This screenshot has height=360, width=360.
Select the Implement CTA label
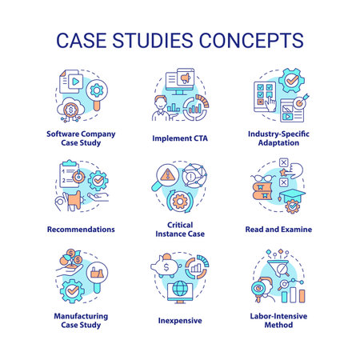(x=179, y=137)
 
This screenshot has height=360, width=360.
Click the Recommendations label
(x=81, y=229)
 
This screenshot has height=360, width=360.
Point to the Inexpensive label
(x=179, y=321)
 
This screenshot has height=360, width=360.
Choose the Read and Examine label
(x=278, y=229)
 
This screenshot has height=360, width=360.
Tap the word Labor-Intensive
(x=278, y=315)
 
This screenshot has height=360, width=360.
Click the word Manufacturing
(x=81, y=315)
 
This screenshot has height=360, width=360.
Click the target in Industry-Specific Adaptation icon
(x=296, y=104)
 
